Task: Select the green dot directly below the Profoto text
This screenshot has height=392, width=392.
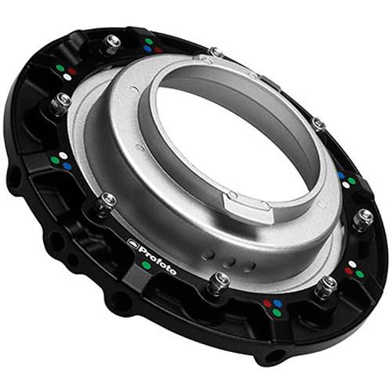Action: tap(146, 266)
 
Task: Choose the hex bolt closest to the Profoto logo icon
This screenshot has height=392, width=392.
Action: tap(107, 202)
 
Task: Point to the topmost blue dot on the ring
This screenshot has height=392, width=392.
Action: tap(147, 49)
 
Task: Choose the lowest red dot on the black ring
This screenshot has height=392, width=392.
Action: tap(267, 303)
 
